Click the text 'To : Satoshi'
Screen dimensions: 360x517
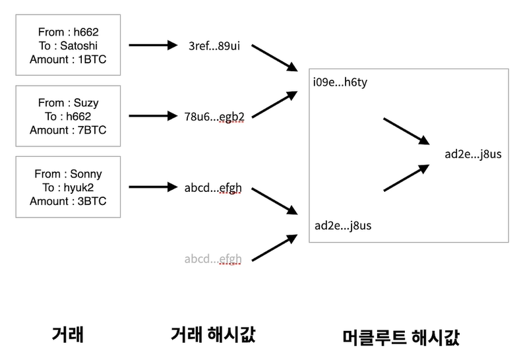tap(68, 45)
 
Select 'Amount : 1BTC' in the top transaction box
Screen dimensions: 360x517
tap(68, 59)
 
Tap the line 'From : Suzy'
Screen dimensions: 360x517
tap(68, 102)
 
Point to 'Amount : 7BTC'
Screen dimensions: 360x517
tap(68, 130)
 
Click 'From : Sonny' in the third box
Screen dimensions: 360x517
tap(68, 174)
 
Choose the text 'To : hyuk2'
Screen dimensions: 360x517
tap(68, 187)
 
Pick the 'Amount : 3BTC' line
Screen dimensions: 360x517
tap(68, 201)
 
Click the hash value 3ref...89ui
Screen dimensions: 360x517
tap(214, 45)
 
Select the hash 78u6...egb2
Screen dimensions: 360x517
tap(214, 117)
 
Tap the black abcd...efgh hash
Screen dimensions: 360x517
tap(213, 187)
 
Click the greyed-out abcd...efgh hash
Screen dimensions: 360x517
tap(213, 258)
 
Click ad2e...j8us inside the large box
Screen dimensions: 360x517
tap(343, 225)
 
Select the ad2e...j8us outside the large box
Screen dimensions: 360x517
tap(473, 154)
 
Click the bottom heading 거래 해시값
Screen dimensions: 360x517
tap(212, 334)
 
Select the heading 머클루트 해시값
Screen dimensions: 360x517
tap(402, 337)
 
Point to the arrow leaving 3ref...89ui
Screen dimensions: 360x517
tap(274, 58)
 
